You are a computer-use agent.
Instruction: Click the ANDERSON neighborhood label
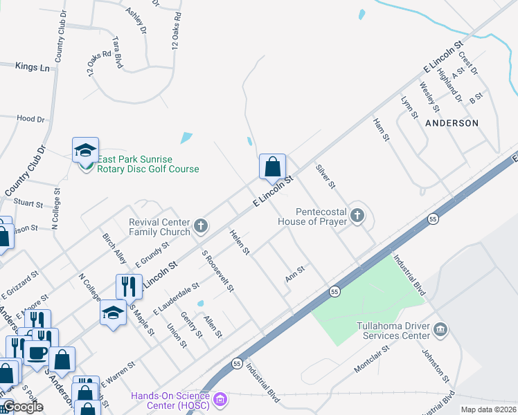pyautogui.click(x=452, y=122)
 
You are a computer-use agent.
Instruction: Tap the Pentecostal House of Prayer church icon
pyautogui.click(x=357, y=216)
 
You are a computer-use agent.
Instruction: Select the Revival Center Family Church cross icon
pyautogui.click(x=201, y=225)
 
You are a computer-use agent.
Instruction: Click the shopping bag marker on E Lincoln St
pyautogui.click(x=273, y=167)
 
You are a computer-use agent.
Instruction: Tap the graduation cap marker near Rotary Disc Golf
pyautogui.click(x=85, y=149)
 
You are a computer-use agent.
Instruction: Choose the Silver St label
pyautogui.click(x=325, y=176)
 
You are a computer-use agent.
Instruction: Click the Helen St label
pyautogui.click(x=240, y=242)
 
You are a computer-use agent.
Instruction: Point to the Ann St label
pyautogui.click(x=295, y=274)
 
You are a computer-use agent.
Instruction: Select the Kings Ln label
pyautogui.click(x=33, y=67)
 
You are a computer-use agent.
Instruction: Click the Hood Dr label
pyautogui.click(x=30, y=119)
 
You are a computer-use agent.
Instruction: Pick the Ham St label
pyautogui.click(x=382, y=129)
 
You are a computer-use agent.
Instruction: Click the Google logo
pyautogui.click(x=23, y=407)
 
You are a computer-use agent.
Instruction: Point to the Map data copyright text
pyautogui.click(x=488, y=409)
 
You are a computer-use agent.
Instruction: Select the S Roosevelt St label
pyautogui.click(x=217, y=270)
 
